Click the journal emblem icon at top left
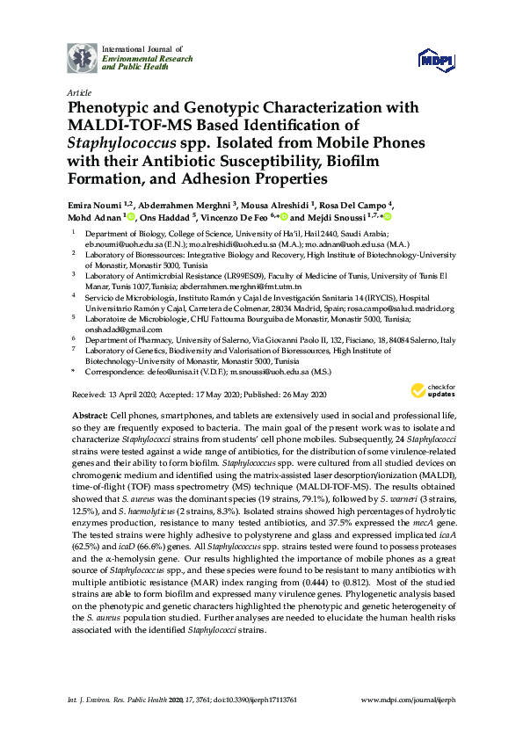(x=83, y=58)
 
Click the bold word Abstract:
(x=89, y=413)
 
